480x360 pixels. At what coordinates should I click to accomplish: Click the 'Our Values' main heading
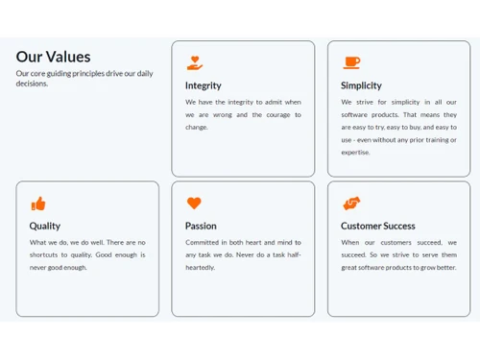[53, 57]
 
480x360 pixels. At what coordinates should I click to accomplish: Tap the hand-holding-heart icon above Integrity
[195, 63]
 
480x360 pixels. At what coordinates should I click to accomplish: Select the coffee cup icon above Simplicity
[351, 62]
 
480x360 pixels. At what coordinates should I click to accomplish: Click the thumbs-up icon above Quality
[38, 204]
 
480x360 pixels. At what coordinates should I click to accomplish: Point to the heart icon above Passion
[194, 204]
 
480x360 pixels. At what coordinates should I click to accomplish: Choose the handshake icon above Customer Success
[351, 204]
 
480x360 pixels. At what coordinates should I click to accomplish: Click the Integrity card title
[204, 85]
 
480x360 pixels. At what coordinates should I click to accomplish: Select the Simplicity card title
[361, 85]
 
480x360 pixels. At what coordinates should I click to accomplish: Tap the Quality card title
[44, 227]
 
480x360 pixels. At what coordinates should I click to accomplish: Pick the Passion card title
[201, 227]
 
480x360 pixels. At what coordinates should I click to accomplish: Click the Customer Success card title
[378, 227]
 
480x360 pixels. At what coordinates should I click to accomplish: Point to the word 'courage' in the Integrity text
[278, 114]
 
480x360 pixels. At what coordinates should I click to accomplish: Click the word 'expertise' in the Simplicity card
[355, 152]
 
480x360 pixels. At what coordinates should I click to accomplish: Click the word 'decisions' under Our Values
[32, 84]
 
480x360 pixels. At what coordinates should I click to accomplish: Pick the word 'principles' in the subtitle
[84, 73]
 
